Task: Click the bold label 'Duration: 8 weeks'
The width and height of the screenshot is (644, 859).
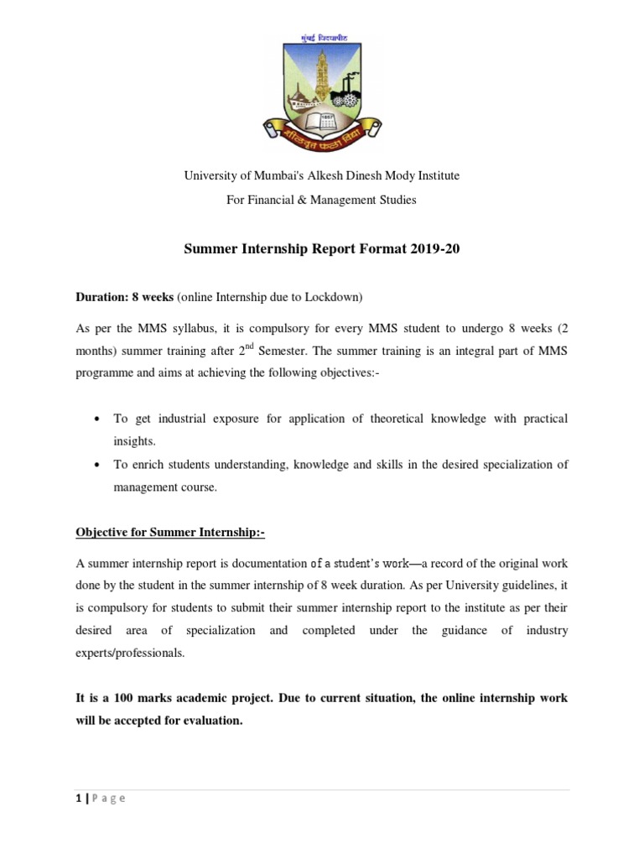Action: click(x=125, y=298)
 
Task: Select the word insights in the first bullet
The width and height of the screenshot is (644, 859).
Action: click(x=134, y=440)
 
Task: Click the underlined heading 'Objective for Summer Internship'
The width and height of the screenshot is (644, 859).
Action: click(x=170, y=532)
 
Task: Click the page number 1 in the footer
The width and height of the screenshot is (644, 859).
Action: click(x=78, y=798)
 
